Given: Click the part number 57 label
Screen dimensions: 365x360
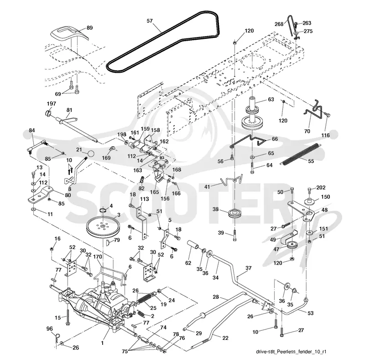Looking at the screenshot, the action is (x=150, y=21).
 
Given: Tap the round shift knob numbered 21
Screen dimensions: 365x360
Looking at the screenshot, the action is (x=91, y=154).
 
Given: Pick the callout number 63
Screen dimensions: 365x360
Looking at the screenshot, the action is (x=271, y=99).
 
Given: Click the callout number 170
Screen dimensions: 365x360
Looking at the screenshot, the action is (x=98, y=256).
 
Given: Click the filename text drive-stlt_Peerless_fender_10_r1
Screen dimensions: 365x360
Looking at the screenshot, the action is (x=291, y=351).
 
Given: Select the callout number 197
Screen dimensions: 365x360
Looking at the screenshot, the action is (x=51, y=103).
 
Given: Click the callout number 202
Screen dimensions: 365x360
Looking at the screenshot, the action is (x=321, y=187).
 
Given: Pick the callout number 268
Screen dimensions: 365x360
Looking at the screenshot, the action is (x=279, y=24).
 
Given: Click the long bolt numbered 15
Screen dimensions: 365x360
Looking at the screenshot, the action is (x=68, y=317).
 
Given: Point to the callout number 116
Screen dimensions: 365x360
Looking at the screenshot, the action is (x=325, y=135).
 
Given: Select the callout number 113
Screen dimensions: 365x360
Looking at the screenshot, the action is (x=144, y=199).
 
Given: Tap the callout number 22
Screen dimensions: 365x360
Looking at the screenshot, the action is (x=225, y=338).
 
